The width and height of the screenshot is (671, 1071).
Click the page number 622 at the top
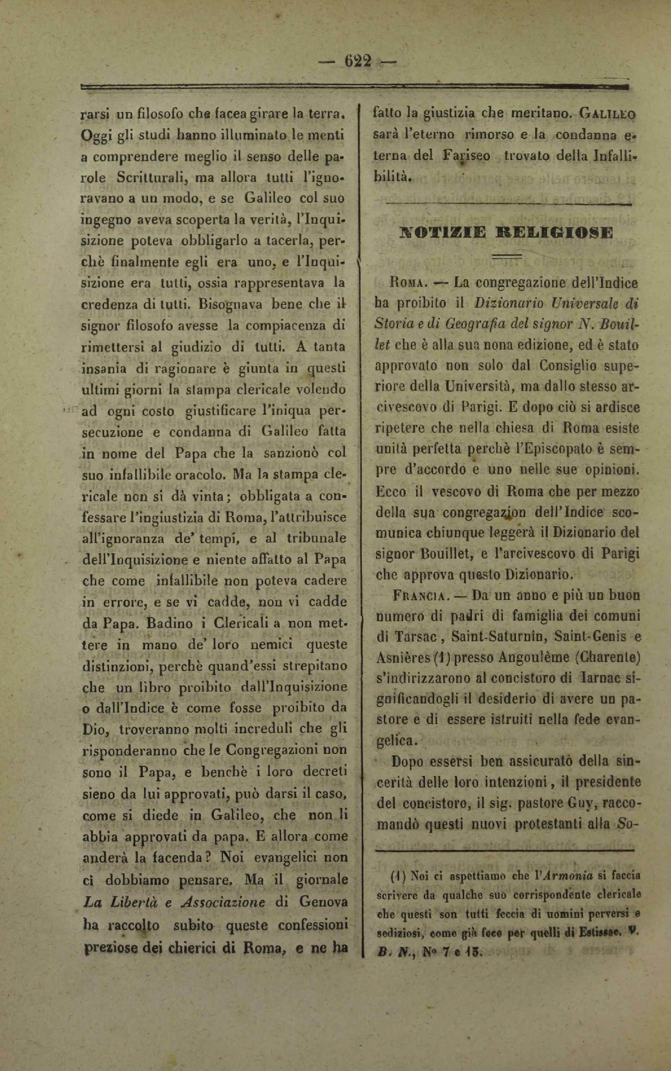tap(357, 62)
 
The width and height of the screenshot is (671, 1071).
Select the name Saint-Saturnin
tap(485, 637)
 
